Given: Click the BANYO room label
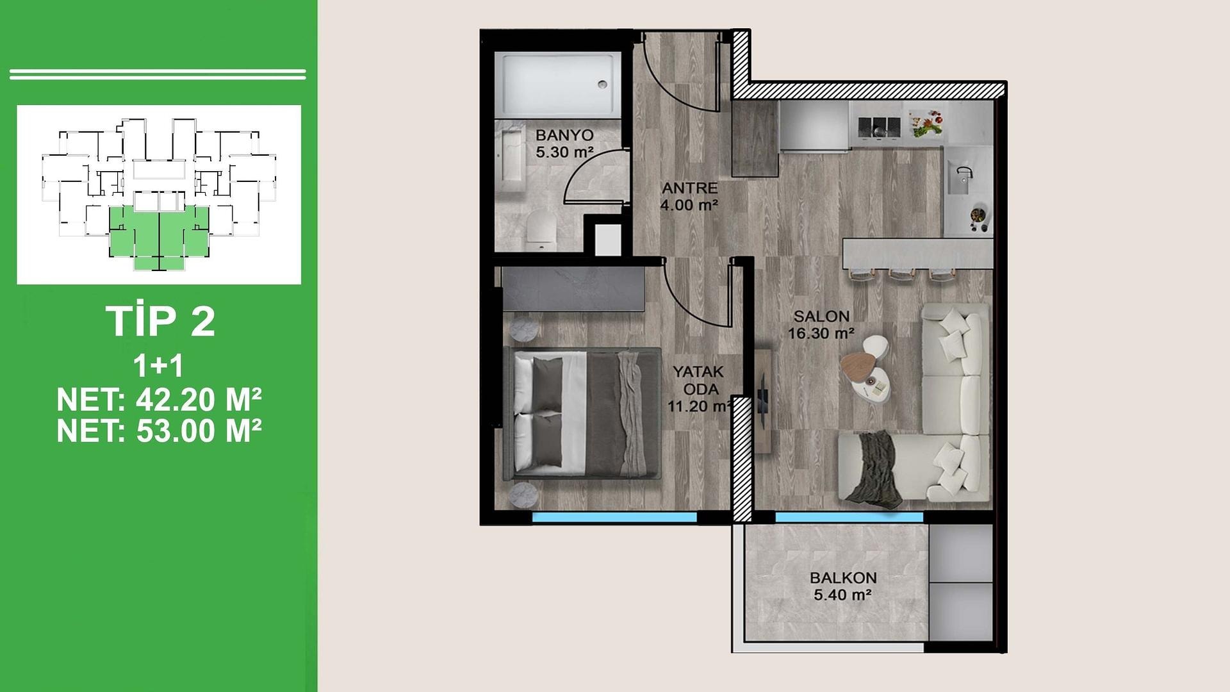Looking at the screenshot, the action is pyautogui.click(x=564, y=135).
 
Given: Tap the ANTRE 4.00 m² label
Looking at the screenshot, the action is pyautogui.click(x=689, y=197).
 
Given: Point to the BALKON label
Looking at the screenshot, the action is pyautogui.click(x=843, y=577).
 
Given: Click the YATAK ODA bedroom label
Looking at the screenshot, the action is pyautogui.click(x=698, y=381).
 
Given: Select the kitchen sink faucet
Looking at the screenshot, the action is pyautogui.click(x=964, y=173).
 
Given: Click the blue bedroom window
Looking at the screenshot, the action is pyautogui.click(x=614, y=517).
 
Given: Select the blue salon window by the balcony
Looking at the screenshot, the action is pyautogui.click(x=849, y=516).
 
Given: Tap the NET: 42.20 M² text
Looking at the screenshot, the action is pyautogui.click(x=159, y=400).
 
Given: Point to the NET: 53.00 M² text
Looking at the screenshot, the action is pyautogui.click(x=159, y=431).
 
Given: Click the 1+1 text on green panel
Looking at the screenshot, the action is pyautogui.click(x=158, y=366).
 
